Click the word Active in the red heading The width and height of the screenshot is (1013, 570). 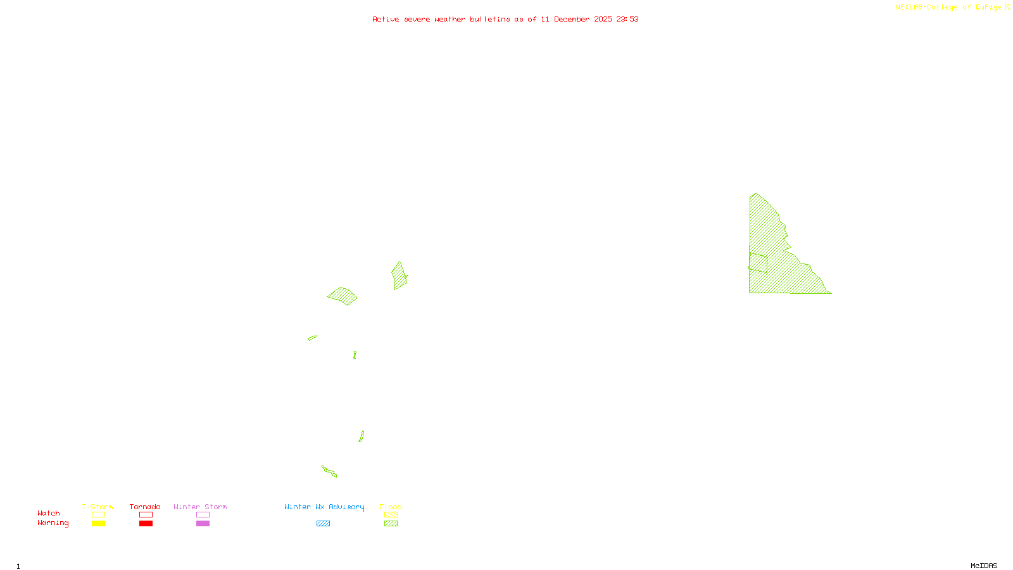(386, 20)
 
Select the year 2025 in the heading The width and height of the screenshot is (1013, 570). (603, 20)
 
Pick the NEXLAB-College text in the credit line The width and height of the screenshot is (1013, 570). (927, 8)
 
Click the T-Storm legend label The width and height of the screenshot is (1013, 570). (98, 507)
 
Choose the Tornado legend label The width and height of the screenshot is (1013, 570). (145, 507)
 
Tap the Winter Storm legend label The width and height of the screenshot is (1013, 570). (200, 507)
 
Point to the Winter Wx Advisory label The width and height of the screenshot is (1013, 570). (324, 507)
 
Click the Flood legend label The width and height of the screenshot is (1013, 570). (391, 507)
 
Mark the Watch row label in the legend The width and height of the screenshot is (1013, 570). (49, 513)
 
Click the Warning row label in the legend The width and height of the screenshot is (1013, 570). (53, 523)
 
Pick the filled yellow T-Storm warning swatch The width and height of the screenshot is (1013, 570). (98, 524)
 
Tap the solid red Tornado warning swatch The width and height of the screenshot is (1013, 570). (146, 524)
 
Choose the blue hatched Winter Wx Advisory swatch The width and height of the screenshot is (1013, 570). (323, 524)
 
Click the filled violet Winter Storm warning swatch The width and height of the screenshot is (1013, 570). (203, 524)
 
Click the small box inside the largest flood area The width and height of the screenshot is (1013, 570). (758, 263)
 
